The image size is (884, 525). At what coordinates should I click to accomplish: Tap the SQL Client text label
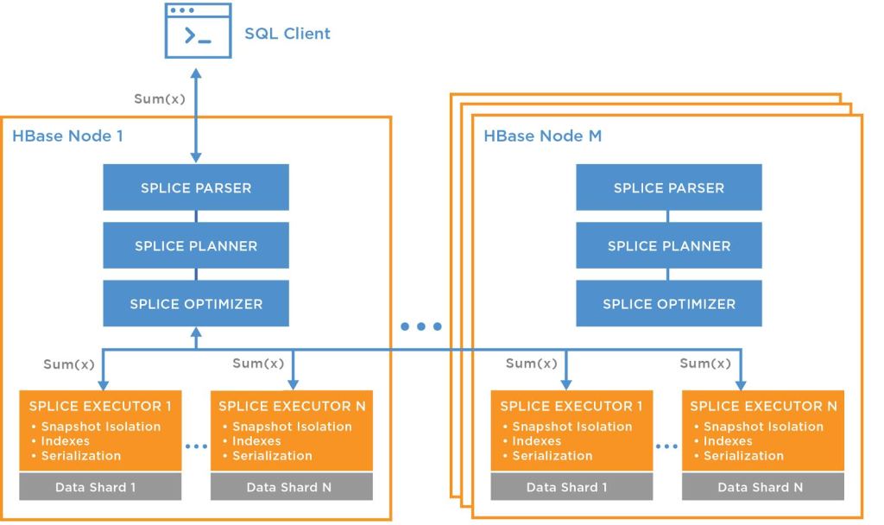point(288,35)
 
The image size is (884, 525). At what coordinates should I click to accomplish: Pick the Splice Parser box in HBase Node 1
point(196,187)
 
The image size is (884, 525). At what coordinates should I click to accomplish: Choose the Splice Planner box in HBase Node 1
point(196,245)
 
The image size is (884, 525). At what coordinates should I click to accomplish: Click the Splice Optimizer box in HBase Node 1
point(196,303)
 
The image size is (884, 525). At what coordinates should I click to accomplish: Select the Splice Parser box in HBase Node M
point(668,187)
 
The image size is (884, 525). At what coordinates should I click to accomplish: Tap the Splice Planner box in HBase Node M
point(668,245)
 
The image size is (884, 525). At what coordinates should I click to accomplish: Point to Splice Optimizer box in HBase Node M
point(668,303)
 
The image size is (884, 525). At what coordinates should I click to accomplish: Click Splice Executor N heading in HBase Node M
point(759,406)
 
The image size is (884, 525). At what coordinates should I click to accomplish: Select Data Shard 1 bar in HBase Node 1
point(101,487)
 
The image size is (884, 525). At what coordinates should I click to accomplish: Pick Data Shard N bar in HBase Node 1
point(292,487)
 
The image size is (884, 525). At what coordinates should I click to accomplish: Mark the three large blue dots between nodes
point(422,326)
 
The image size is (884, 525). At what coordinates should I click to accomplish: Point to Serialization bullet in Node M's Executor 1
point(547,455)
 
